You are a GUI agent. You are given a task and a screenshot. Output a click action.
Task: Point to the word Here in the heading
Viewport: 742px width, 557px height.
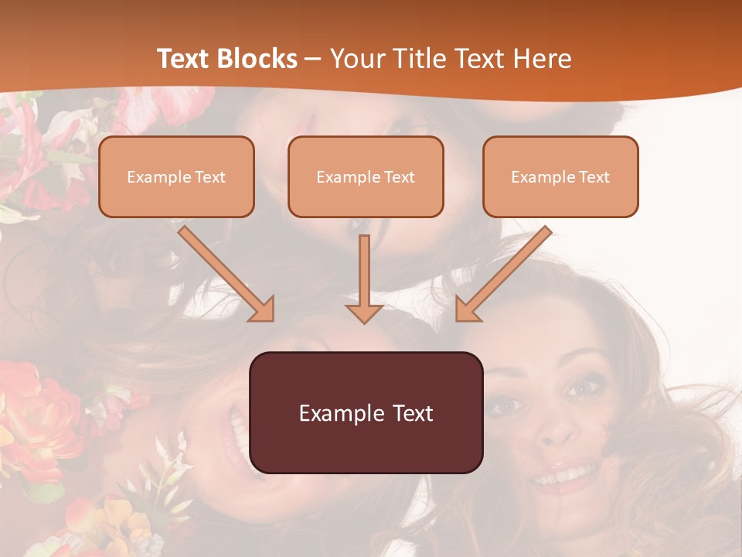tap(543, 59)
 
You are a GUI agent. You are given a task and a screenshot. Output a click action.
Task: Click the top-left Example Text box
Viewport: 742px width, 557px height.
tap(176, 176)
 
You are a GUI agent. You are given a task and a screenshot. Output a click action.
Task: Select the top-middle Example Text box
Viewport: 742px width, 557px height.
tap(366, 176)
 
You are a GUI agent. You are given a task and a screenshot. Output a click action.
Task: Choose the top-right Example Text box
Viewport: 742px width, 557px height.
tap(560, 176)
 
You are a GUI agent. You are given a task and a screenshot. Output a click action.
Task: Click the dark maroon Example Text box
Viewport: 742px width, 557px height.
tap(366, 412)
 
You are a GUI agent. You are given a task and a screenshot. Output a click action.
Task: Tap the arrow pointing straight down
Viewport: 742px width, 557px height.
tap(364, 278)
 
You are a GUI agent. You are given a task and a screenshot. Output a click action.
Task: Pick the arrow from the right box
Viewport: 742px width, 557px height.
tap(502, 274)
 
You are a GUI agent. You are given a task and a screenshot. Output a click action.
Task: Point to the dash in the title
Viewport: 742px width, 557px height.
tap(313, 59)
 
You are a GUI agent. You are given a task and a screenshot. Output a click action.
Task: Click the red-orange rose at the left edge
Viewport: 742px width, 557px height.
tap(35, 410)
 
